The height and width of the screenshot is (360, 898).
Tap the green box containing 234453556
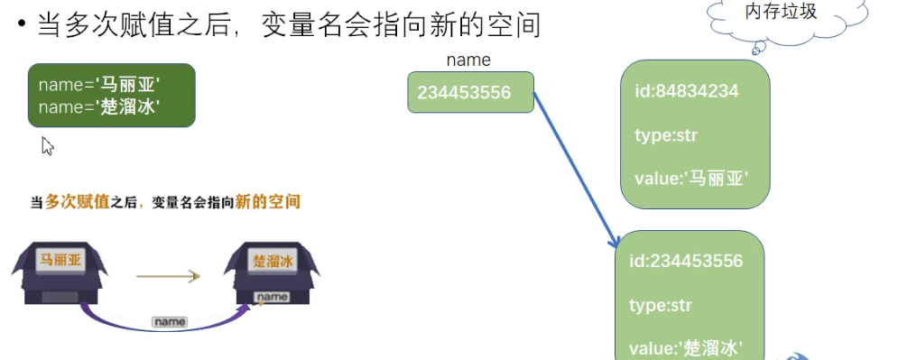pos(470,92)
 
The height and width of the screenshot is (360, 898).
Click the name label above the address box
pos(468,61)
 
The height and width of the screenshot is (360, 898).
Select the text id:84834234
pos(681,91)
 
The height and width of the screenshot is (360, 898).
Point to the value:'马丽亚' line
pos(690,179)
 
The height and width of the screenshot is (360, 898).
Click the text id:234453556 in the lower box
pos(686,262)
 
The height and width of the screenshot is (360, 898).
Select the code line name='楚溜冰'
pos(99,106)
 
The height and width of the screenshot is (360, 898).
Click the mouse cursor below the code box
pos(48,145)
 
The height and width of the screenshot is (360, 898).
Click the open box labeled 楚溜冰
pos(273,270)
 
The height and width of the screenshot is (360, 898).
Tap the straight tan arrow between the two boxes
pos(167,277)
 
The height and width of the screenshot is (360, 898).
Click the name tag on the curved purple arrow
pos(169,321)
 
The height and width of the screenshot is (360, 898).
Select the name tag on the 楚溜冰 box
pos(273,297)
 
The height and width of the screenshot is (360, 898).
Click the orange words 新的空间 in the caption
pos(268,202)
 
